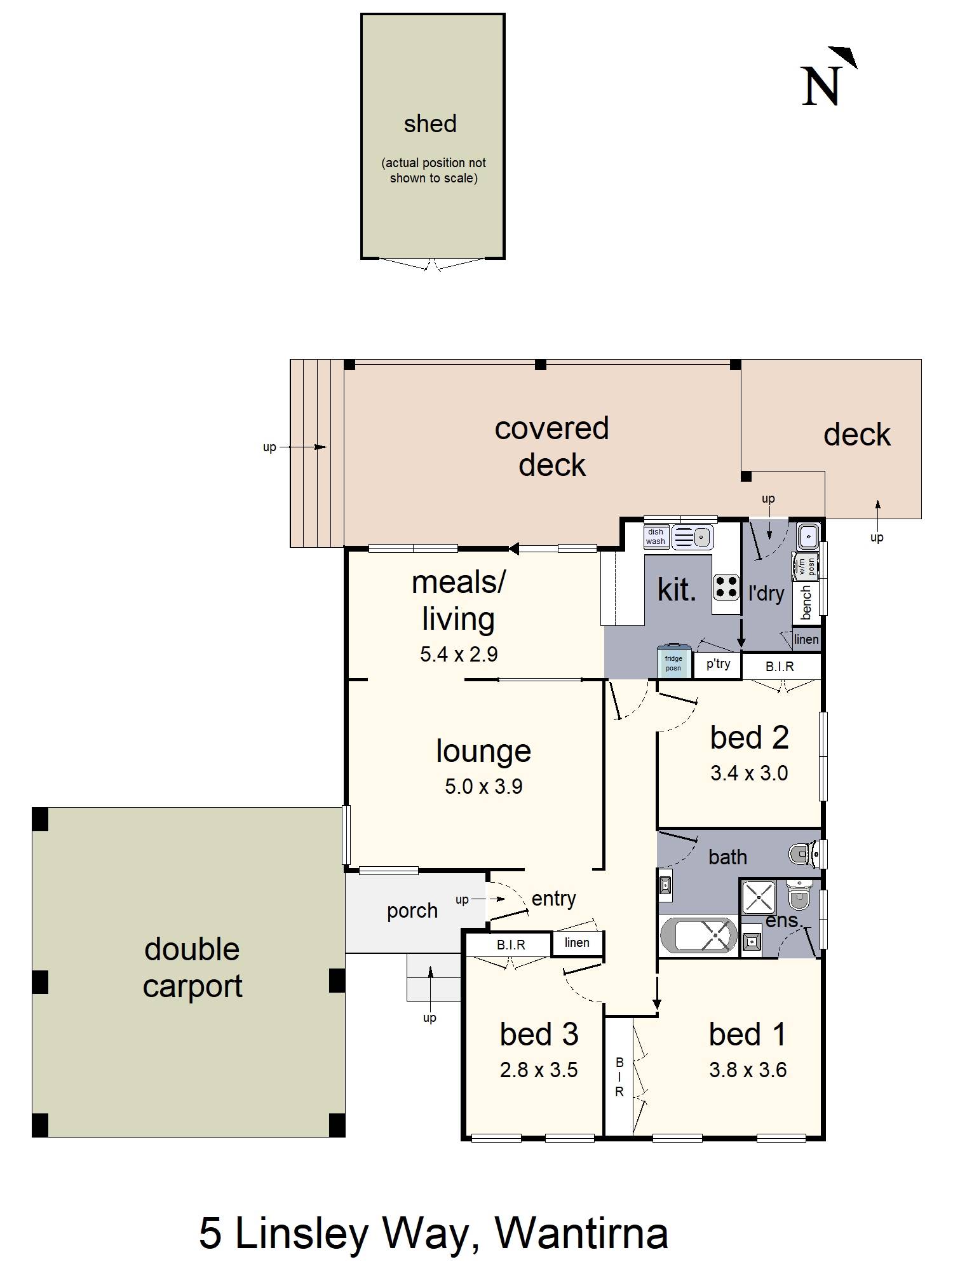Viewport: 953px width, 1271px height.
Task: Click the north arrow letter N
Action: point(821,86)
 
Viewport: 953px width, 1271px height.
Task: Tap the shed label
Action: point(430,124)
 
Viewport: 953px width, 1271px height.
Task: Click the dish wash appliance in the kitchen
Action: point(656,537)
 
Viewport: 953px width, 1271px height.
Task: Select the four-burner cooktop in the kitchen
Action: point(726,587)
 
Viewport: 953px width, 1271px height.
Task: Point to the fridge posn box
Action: point(673,663)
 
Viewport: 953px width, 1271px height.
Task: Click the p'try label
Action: point(718,664)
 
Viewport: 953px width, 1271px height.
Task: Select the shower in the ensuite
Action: point(759,897)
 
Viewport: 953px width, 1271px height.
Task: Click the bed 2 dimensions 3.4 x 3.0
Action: point(749,773)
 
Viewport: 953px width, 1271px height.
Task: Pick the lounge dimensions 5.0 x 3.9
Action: point(483,787)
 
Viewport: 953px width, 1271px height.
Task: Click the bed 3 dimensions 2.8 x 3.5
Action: point(539,1070)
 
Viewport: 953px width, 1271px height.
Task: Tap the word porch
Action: point(412,911)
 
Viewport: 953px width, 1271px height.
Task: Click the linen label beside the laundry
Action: point(806,639)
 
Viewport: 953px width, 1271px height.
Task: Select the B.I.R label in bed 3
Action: point(511,945)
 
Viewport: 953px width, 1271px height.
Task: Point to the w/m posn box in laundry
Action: point(806,566)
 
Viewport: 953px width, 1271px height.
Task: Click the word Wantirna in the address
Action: point(581,1234)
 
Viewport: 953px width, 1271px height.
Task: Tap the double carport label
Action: point(192,967)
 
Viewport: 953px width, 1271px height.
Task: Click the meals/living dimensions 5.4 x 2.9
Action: point(459,654)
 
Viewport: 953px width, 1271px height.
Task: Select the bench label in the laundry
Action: point(806,602)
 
